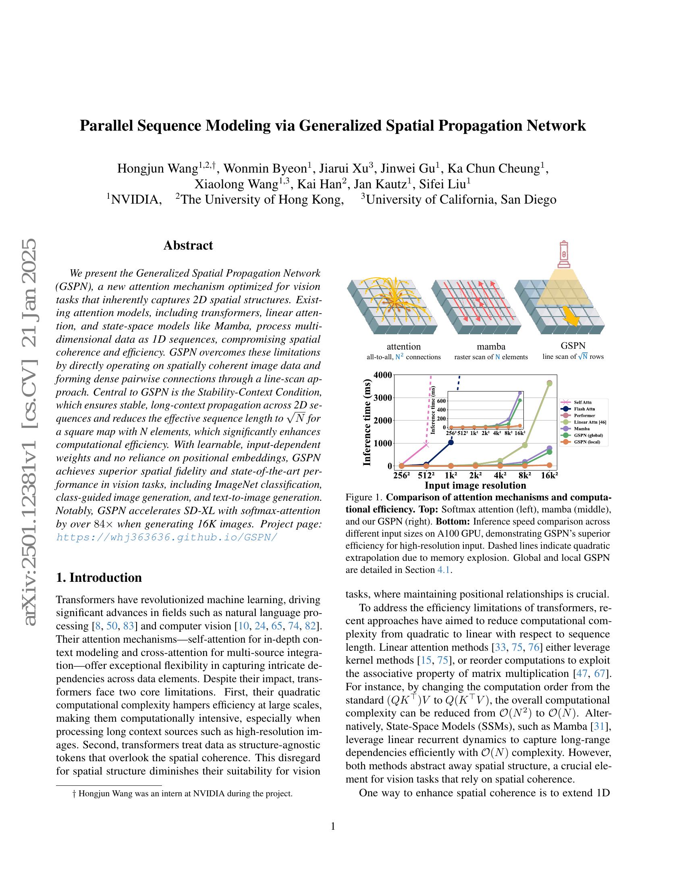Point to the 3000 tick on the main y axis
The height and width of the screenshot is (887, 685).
click(x=384, y=398)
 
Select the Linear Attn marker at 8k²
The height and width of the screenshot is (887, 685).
click(x=525, y=445)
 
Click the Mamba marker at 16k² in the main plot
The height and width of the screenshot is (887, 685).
click(x=550, y=448)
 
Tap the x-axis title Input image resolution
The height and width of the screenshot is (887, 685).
click(x=475, y=485)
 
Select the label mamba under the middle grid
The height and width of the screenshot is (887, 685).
click(x=491, y=346)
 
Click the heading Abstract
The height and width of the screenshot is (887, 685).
click(x=188, y=245)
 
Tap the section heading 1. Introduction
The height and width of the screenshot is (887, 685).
click(x=99, y=577)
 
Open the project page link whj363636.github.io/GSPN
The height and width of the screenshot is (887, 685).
click(x=167, y=537)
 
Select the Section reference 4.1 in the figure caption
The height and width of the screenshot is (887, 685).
click(x=443, y=570)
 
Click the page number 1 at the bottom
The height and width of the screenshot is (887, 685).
click(x=333, y=827)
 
